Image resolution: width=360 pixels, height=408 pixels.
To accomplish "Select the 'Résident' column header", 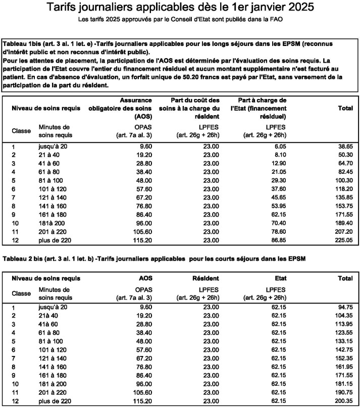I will (x=205, y=278).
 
